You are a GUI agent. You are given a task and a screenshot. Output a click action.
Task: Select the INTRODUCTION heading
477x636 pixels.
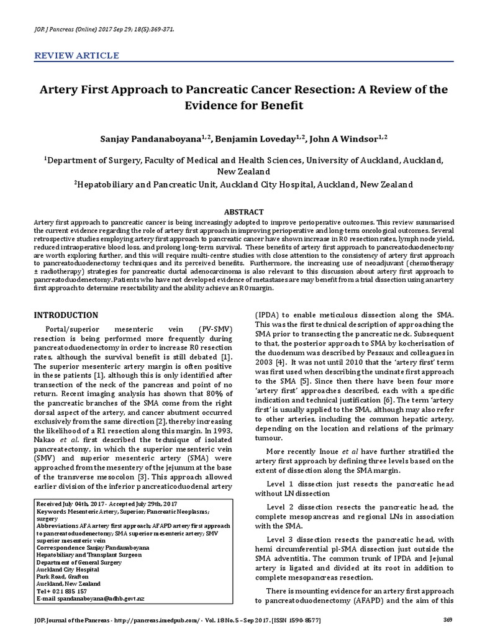coord(65,315)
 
